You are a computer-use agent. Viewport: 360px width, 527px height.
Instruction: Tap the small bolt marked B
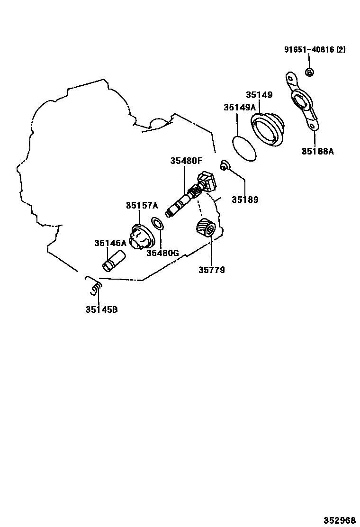tap(309, 72)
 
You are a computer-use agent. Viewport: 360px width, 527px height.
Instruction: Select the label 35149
tap(259, 95)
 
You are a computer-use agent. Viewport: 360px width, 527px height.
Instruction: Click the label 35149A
tap(240, 108)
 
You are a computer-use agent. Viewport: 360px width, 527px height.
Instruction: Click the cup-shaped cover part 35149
tap(269, 129)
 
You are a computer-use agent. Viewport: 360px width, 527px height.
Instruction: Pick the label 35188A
tap(317, 151)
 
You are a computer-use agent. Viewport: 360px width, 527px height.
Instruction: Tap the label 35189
tap(245, 200)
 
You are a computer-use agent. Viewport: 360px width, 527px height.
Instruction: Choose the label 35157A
tap(142, 205)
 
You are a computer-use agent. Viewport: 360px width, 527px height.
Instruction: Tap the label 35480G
tap(162, 253)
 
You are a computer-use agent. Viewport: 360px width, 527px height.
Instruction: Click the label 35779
tap(211, 270)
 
